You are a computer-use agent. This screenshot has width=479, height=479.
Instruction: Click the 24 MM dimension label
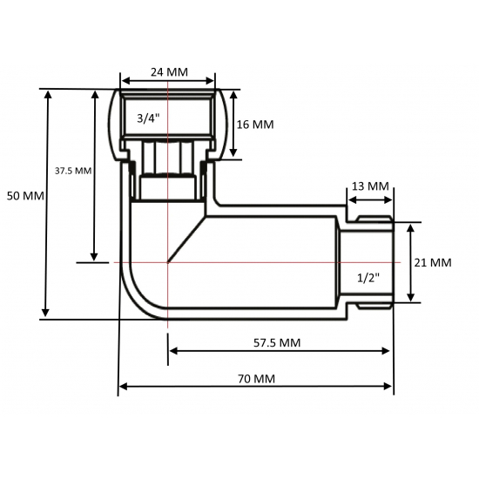tap(168, 71)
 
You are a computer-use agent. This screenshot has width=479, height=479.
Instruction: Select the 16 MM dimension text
tap(255, 125)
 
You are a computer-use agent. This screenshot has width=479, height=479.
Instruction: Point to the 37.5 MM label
tap(73, 171)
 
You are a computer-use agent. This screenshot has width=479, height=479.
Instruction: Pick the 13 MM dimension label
tap(370, 186)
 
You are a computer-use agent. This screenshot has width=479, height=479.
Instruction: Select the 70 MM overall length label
tap(255, 379)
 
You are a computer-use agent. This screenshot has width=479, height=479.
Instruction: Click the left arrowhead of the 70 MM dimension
tap(123, 386)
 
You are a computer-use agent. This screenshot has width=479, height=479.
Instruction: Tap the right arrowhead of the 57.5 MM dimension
tap(386, 351)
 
